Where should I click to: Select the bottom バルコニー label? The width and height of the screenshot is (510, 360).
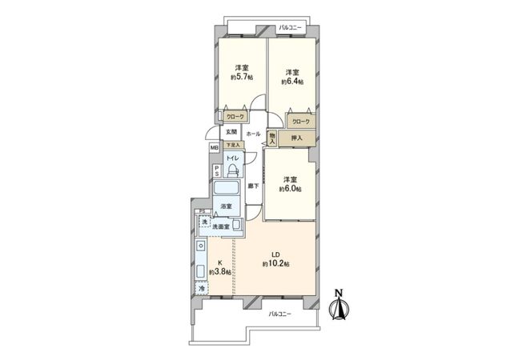pyautogui.click(x=279, y=314)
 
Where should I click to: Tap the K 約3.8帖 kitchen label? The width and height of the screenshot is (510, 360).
pyautogui.click(x=219, y=268)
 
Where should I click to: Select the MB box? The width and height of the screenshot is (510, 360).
pyautogui.click(x=214, y=148)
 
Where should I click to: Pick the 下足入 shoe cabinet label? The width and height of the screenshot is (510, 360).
pyautogui.click(x=230, y=145)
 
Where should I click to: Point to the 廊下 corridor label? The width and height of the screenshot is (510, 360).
pyautogui.click(x=252, y=186)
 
